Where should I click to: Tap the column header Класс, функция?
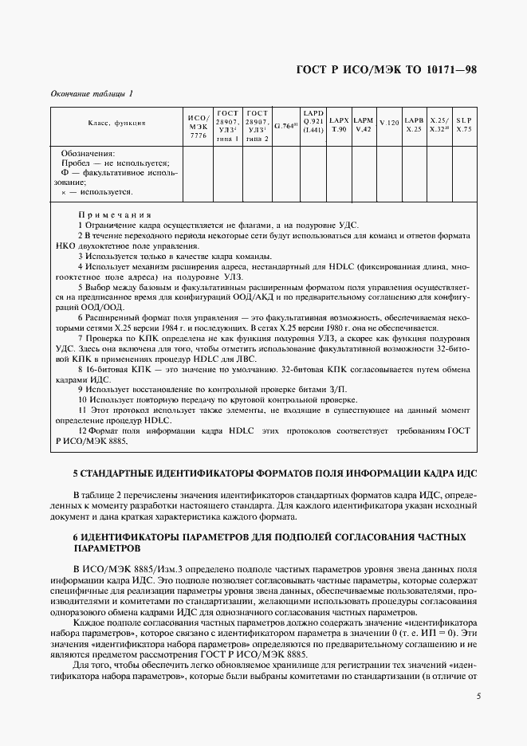[116, 124]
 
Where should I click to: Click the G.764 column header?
[285, 125]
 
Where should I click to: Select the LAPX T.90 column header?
[339, 124]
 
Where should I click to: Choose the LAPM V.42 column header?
[364, 124]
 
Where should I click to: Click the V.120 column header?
[388, 123]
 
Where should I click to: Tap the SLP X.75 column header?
[464, 124]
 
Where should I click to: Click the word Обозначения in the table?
[88, 153]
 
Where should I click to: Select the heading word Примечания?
[115, 215]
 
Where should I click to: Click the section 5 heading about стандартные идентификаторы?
[274, 473]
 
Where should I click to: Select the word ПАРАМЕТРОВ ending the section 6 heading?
[106, 549]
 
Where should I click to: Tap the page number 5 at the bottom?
[478, 697]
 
